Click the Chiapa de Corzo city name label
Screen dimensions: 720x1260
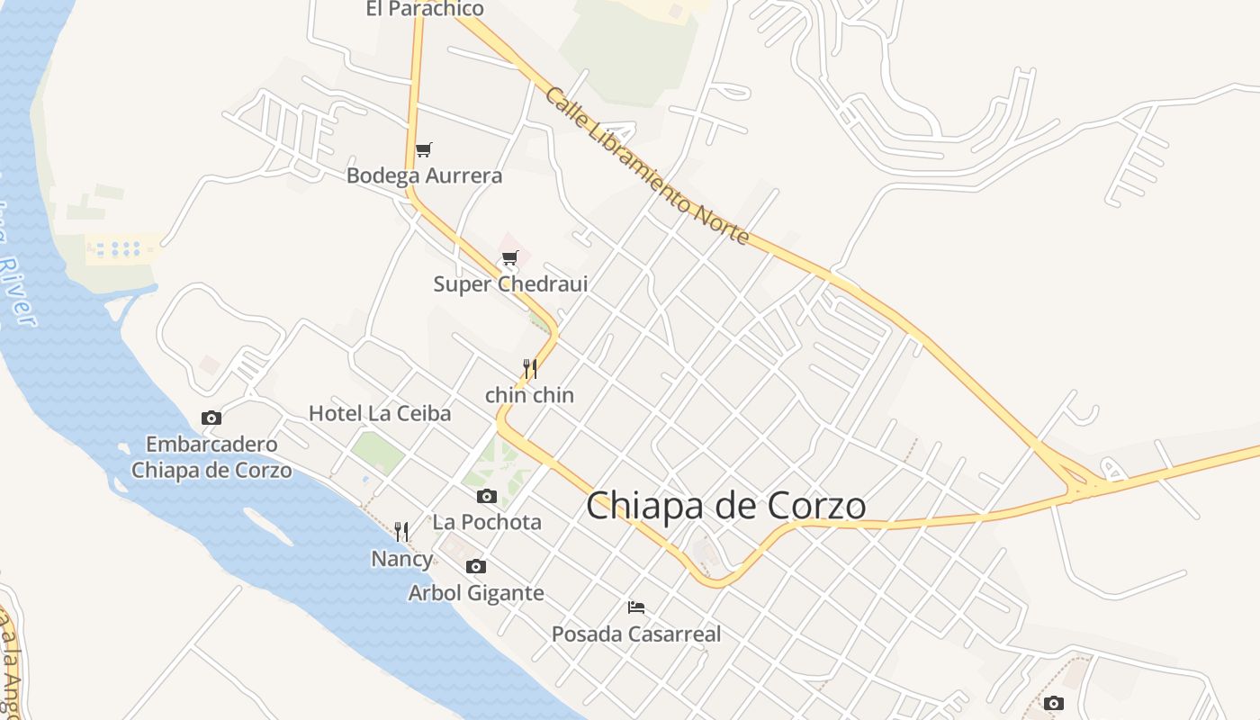click(725, 506)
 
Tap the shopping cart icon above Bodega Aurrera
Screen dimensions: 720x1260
click(423, 149)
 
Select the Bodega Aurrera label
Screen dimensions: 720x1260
click(424, 175)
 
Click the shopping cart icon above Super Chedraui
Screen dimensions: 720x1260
click(510, 258)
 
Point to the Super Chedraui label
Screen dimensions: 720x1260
click(510, 284)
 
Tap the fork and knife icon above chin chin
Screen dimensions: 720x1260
click(530, 369)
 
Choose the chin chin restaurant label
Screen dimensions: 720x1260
click(529, 395)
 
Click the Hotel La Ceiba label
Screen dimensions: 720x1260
click(380, 414)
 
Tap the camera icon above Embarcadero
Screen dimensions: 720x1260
click(211, 418)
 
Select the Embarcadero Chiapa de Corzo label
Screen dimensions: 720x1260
click(211, 457)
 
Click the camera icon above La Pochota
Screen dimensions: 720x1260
click(487, 496)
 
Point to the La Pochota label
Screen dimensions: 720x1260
click(487, 522)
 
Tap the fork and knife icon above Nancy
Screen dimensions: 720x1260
click(401, 532)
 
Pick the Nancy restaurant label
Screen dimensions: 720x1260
click(401, 559)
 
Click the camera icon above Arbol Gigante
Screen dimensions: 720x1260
click(476, 566)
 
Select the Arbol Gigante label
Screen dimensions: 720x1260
click(476, 593)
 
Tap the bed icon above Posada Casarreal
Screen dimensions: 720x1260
click(636, 607)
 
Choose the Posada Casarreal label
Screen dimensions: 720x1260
click(636, 634)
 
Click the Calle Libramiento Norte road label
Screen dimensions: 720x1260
click(646, 166)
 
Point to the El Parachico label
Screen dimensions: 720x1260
click(425, 9)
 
